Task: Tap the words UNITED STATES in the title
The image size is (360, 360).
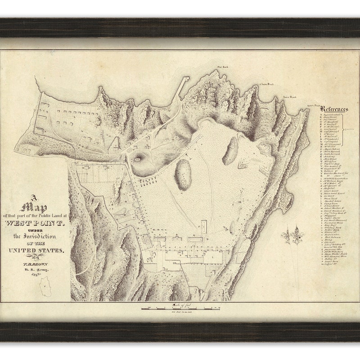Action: pyautogui.click(x=36, y=251)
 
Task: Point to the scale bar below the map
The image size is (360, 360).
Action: pyautogui.click(x=180, y=309)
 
